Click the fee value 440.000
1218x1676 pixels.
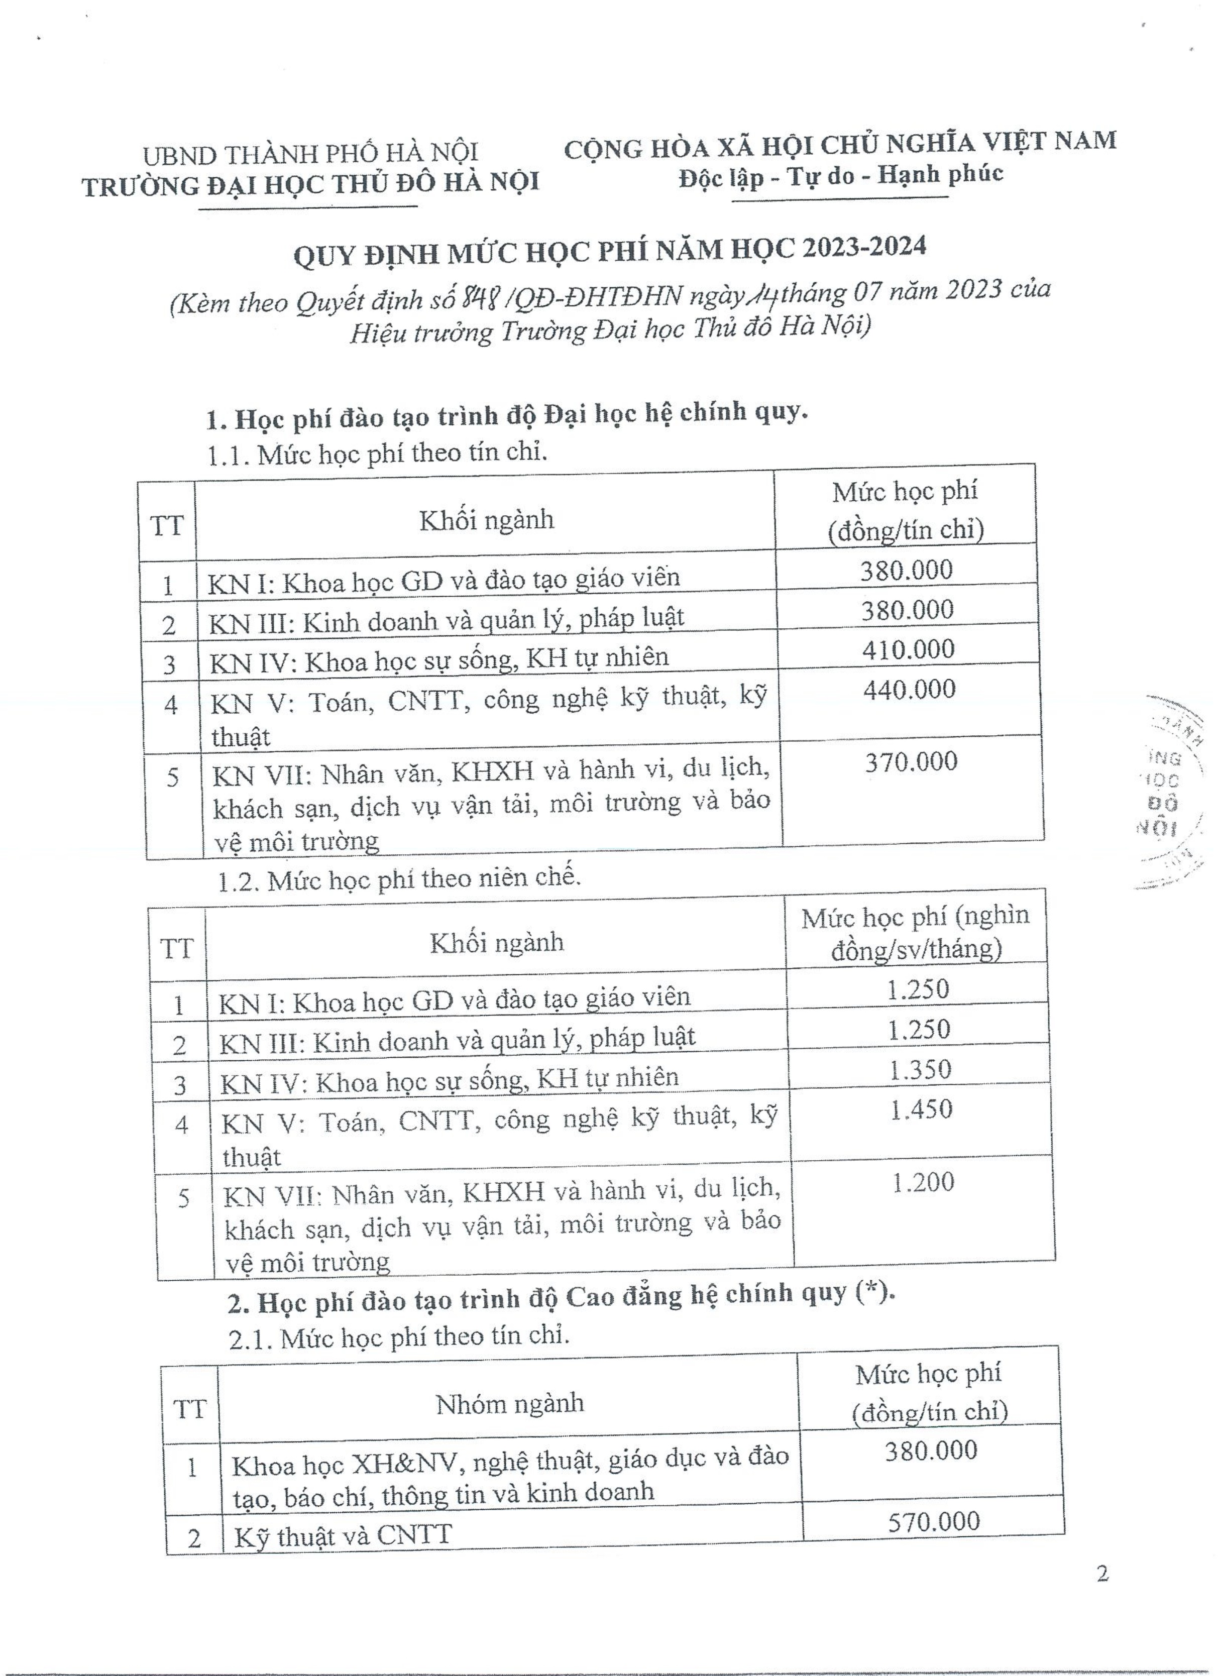pyautogui.click(x=909, y=690)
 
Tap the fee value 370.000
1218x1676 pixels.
pyautogui.click(x=911, y=762)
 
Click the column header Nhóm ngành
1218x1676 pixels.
pyautogui.click(x=509, y=1404)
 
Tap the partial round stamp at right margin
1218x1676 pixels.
pyautogui.click(x=1171, y=791)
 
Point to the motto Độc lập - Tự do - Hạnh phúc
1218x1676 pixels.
pyautogui.click(x=841, y=177)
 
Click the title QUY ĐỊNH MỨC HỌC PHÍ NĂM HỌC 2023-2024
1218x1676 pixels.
pyautogui.click(x=610, y=250)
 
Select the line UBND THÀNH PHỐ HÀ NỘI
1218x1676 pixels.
pyautogui.click(x=310, y=154)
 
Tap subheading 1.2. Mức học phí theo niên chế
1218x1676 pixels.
pyautogui.click(x=399, y=878)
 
